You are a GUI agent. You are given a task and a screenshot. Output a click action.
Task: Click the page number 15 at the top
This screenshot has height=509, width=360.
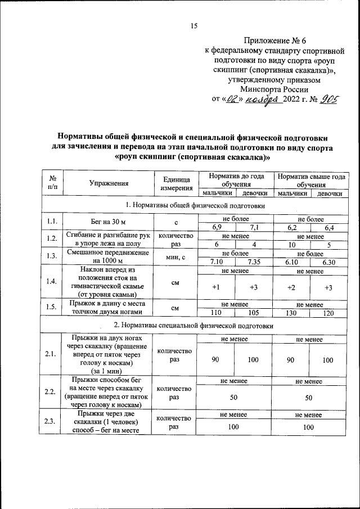(x=195, y=25)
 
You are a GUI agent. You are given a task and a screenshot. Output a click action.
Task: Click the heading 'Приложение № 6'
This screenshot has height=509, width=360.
(x=274, y=41)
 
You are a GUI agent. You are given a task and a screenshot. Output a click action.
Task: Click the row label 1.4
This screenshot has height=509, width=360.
(x=52, y=282)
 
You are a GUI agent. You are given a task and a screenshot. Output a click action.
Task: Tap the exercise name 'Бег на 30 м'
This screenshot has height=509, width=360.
(x=109, y=223)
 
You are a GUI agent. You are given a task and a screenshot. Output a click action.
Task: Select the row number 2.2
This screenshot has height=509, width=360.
(x=52, y=392)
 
